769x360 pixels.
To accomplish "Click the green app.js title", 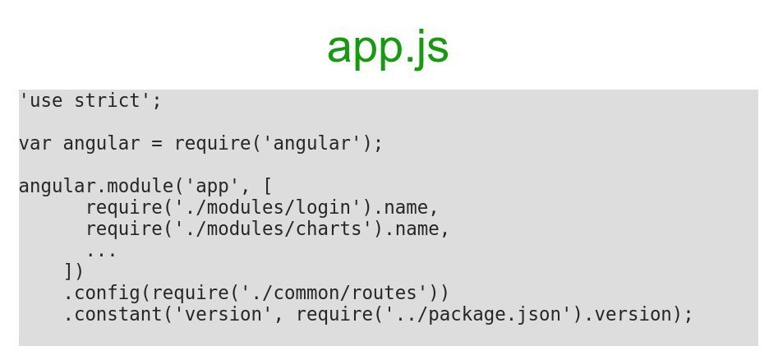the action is pyautogui.click(x=387, y=48).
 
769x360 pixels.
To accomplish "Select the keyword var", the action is pyautogui.click(x=35, y=144).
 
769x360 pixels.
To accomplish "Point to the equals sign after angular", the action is pyautogui.click(x=157, y=144).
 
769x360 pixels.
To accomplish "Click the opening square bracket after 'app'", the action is pyautogui.click(x=268, y=187).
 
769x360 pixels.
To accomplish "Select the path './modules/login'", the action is pyautogui.click(x=268, y=208).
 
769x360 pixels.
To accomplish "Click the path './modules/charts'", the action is pyautogui.click(x=274, y=229).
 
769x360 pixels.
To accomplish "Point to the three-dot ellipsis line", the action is pyautogui.click(x=101, y=251).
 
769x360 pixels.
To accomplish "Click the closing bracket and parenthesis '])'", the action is pyautogui.click(x=74, y=272).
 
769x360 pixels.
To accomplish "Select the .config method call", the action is pyautogui.click(x=102, y=293).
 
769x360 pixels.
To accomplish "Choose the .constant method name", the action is pyautogui.click(x=113, y=315).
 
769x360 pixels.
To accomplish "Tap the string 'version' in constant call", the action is pyautogui.click(x=223, y=315).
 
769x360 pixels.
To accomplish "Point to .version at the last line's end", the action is pyautogui.click(x=633, y=315).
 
